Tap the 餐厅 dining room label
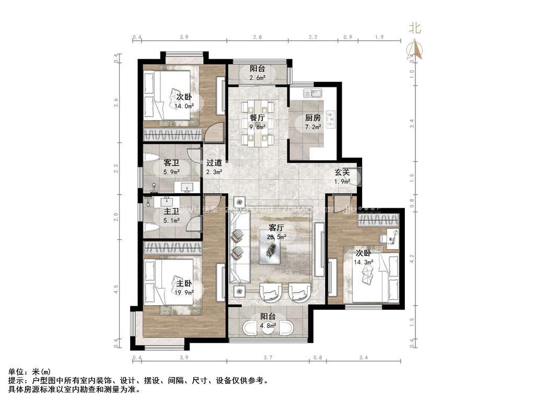255,117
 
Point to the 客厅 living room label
276,228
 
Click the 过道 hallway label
214,163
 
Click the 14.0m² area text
184,105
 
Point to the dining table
256,125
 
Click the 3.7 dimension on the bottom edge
268,358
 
